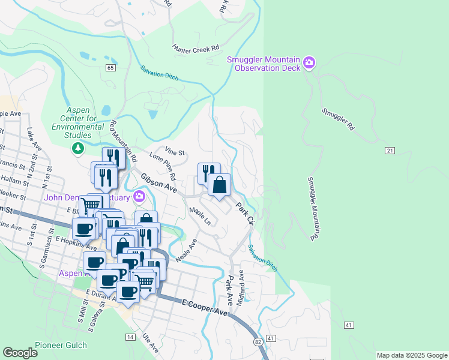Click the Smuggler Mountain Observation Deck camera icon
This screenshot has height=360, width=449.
(x=310, y=62)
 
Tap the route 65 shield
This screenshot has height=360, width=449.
(x=110, y=68)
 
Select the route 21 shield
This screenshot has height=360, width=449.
(x=390, y=150)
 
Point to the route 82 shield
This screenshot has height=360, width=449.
(x=258, y=341)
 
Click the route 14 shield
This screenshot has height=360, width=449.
(x=130, y=337)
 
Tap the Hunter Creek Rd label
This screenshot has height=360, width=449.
(x=196, y=47)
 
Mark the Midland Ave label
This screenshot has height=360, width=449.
(x=241, y=289)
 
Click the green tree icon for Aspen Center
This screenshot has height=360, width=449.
(x=77, y=148)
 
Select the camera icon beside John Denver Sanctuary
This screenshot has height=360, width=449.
(x=140, y=196)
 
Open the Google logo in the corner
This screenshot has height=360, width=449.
(x=20, y=353)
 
